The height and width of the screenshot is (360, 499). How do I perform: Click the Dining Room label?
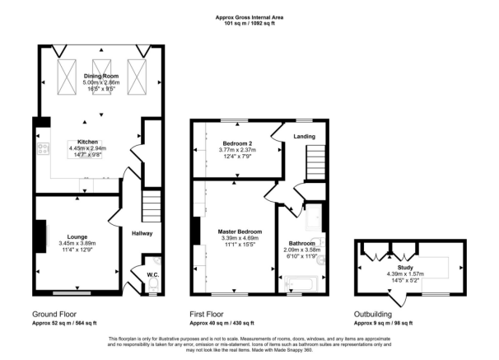coord(101,76)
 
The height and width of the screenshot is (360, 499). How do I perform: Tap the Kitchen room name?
coord(87,142)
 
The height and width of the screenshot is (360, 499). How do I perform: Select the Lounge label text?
coord(77,236)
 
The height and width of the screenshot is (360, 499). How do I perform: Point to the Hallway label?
coord(142,233)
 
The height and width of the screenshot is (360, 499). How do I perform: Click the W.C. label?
coord(153,274)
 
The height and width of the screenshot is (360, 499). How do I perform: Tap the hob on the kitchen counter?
coord(44,148)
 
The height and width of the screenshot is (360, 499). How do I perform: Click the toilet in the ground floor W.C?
coord(153,284)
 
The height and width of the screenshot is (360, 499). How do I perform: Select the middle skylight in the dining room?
coord(101,77)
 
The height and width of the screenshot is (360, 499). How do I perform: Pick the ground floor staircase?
coord(152,206)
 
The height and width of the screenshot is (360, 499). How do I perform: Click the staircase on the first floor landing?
coord(315,162)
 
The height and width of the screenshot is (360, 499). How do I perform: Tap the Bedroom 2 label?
coord(237,143)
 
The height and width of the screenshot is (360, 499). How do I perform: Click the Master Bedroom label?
coord(240,231)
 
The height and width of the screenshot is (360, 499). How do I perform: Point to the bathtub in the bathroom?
coord(301,283)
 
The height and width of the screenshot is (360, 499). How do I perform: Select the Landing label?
coord(304,137)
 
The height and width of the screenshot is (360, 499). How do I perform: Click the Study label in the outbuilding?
coord(405,268)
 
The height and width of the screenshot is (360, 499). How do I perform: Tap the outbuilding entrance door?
coord(398,300)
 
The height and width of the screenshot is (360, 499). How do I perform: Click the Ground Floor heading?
coord(54,315)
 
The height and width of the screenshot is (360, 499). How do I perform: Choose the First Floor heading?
coord(207,315)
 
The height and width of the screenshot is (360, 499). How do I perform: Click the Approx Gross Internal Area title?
coord(249,17)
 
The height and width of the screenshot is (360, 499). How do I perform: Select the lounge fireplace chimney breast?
coord(40,236)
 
